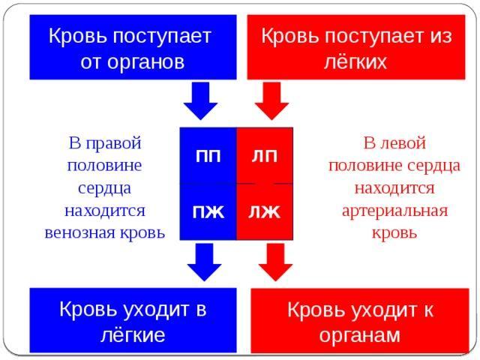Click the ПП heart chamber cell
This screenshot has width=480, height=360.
coord(208,155)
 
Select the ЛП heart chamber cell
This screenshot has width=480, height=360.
coord(265,155)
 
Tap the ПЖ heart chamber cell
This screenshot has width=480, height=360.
coord(208,211)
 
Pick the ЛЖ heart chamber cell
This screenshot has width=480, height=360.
coord(265,211)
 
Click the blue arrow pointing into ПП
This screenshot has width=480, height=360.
coord(200,101)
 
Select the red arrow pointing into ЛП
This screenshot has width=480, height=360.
coord(271,101)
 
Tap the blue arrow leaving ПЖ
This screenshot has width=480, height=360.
coord(204,262)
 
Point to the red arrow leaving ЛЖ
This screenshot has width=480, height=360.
coord(275,262)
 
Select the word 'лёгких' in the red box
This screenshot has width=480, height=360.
coord(355,61)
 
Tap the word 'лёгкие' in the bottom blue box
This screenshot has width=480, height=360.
coord(133,335)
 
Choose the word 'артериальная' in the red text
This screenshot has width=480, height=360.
coord(394,211)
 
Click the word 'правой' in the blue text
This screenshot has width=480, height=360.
coord(113,143)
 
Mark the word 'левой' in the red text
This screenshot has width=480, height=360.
coord(403,143)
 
